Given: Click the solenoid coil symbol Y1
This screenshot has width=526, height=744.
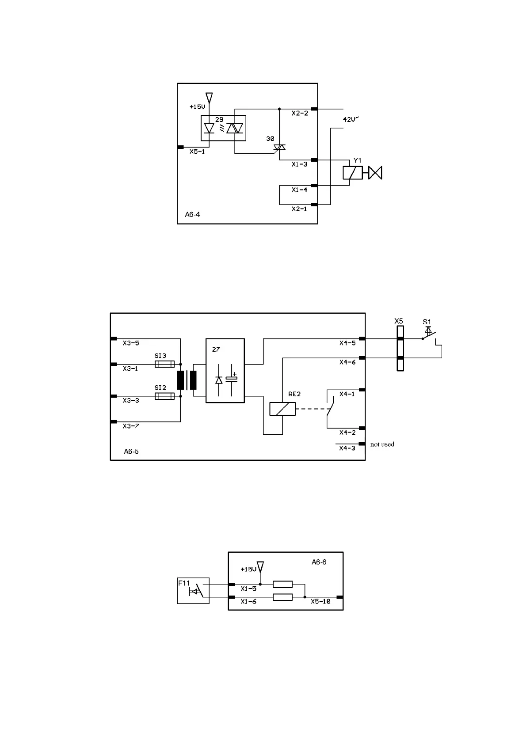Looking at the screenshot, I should tap(352, 173).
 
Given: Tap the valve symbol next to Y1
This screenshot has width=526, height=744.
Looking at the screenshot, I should tap(375, 173).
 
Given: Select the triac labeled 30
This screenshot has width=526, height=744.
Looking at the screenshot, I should tap(279, 147).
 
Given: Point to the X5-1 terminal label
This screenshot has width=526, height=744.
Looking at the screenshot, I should tap(197, 152).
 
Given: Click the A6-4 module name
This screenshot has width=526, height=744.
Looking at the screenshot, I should tap(192, 215).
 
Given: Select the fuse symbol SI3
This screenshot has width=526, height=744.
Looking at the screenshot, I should tap(164, 364).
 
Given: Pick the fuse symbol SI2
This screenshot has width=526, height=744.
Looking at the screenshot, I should tap(164, 396).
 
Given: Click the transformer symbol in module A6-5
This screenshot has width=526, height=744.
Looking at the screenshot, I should tap(187, 380).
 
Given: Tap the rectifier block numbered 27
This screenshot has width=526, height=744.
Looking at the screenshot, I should tap(225, 371).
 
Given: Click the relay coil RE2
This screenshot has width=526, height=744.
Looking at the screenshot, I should tap(282, 409).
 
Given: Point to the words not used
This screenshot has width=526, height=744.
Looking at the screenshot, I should tap(382, 444).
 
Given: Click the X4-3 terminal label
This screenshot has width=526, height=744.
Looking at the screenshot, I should tap(347, 448).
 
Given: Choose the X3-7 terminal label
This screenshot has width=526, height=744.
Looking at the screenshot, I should tap(131, 426).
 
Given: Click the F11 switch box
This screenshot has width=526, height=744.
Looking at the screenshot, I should tap(193, 590).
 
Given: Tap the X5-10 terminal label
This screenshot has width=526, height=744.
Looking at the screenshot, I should tap(320, 601).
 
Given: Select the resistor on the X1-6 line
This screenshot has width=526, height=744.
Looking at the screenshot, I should tap(282, 597).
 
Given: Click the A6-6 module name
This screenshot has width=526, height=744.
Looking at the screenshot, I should tap(319, 562).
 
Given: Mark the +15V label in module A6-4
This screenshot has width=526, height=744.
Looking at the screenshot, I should tap(197, 107).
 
